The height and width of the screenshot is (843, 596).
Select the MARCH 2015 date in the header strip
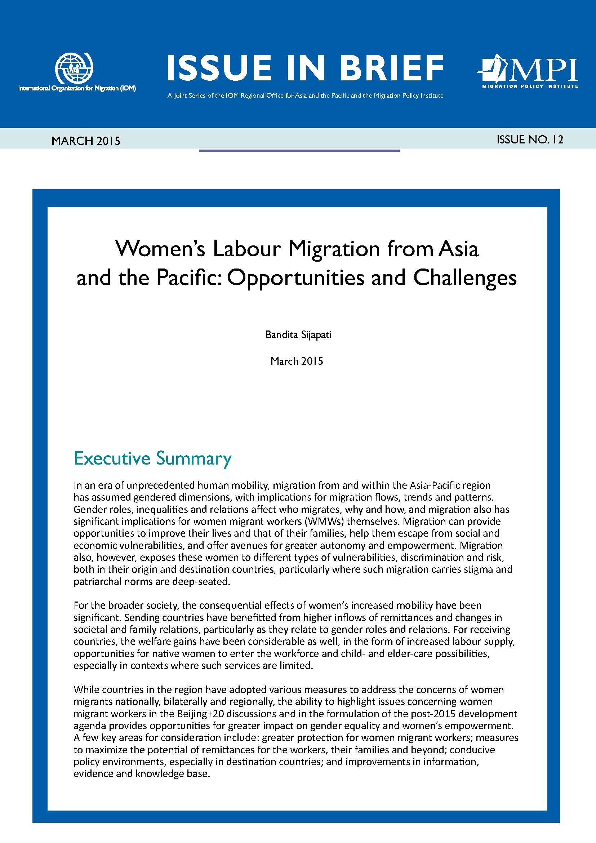86,141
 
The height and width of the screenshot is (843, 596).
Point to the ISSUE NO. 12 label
530,139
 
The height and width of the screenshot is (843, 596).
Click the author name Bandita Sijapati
298,335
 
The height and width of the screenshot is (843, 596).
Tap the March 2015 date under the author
297,361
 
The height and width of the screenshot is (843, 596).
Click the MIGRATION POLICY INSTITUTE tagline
530,86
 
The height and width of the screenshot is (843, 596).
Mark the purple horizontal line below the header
299,150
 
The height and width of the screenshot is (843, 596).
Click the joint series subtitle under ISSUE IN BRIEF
305,96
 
